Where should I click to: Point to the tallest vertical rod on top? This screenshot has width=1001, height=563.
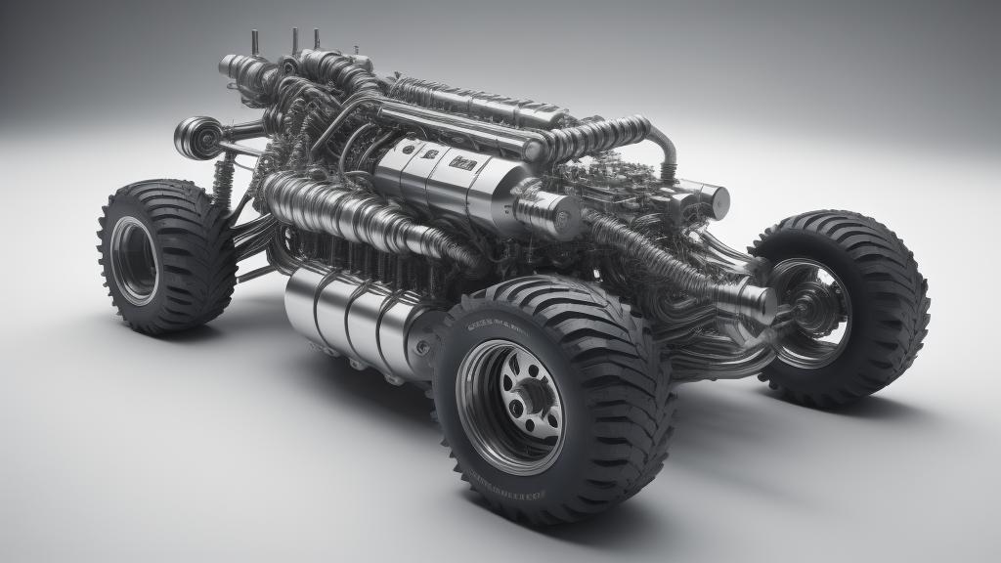tap(294, 39)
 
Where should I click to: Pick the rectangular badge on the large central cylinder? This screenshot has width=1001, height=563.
tap(461, 163)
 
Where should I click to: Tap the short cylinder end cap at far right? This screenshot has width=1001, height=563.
tap(717, 201)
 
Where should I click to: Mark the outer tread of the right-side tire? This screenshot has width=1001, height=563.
tap(894, 293)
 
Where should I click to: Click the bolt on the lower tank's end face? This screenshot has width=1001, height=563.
tap(421, 348)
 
